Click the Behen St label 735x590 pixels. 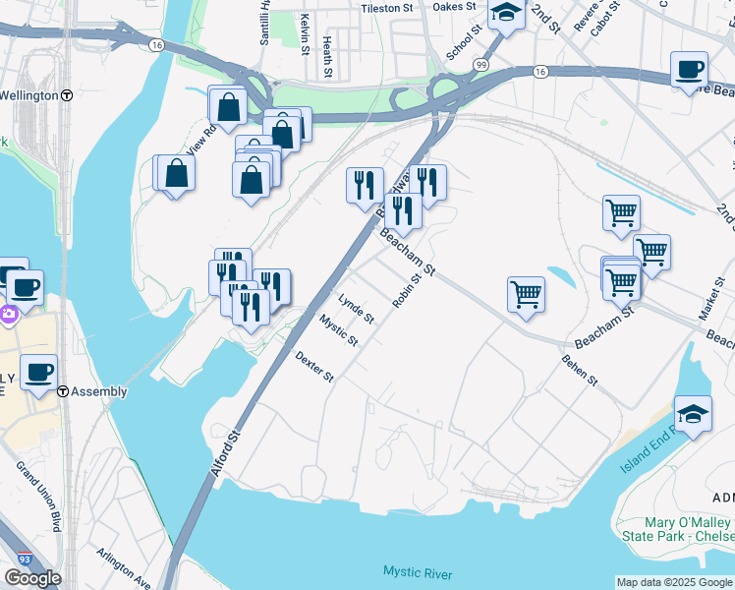[579, 371]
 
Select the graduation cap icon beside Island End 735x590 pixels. [692, 413]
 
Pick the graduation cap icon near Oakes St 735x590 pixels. [506, 14]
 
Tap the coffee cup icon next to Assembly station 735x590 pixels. [39, 373]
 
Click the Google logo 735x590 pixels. [32, 577]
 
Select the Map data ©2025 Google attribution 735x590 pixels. [674, 582]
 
